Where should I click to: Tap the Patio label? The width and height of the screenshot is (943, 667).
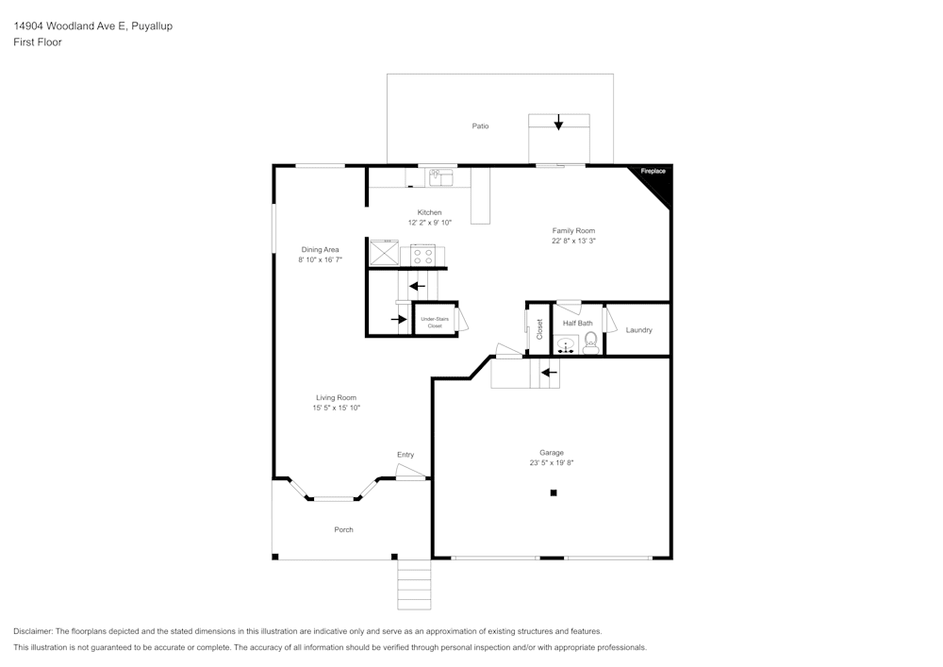click(480, 125)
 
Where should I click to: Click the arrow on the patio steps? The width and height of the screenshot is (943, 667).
click(558, 122)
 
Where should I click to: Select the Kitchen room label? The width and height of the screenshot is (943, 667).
click(429, 212)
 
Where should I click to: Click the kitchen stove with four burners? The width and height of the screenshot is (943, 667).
click(422, 255)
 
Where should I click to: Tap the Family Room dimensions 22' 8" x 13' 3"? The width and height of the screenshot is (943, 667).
click(573, 241)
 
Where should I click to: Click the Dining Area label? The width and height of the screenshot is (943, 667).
click(320, 249)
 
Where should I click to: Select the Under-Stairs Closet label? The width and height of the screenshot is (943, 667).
click(435, 322)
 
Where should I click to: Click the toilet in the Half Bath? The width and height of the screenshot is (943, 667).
click(591, 342)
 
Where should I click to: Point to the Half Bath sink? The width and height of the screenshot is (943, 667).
click(566, 345)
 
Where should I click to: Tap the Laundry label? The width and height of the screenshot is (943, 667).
click(638, 330)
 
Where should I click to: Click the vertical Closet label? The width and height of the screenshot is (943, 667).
click(539, 329)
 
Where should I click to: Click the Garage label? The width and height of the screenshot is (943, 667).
click(552, 452)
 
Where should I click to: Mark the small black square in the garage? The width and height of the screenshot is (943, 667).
click(554, 492)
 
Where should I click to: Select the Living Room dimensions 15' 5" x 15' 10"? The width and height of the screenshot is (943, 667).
click(337, 408)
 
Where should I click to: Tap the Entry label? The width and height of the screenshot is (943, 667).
click(405, 455)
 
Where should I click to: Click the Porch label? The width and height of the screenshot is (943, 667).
click(344, 529)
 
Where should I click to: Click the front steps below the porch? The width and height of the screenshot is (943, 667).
click(414, 584)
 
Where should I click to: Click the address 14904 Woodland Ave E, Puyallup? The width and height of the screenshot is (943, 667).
click(92, 26)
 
